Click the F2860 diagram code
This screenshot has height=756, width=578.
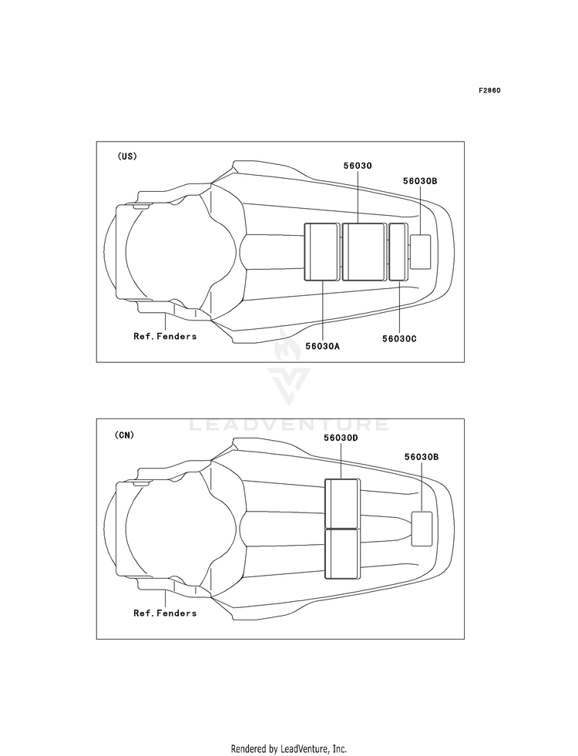489,90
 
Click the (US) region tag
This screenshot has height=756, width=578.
127,156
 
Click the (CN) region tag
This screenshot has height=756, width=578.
125,435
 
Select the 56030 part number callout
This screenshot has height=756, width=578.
358,166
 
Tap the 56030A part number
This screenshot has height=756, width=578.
322,346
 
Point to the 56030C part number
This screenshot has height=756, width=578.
398,338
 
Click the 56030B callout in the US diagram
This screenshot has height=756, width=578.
420,181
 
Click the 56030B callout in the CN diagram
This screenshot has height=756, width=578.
421,457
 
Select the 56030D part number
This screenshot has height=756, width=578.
341,437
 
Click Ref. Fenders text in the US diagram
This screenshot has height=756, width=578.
165,336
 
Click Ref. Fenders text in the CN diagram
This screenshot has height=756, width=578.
165,613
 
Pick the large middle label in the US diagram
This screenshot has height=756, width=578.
364,252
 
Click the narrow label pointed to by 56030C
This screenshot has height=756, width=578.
398,252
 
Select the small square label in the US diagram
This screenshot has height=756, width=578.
421,251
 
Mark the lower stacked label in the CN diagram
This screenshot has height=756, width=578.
341,553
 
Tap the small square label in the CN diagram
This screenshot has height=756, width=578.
422,529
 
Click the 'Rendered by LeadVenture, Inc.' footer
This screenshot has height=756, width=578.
289,748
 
